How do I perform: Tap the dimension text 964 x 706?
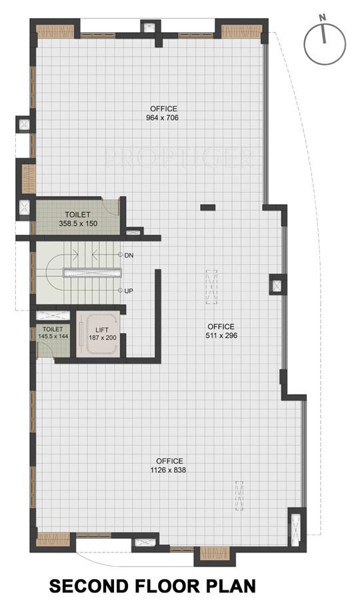point(163,118)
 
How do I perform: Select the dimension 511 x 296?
point(222,336)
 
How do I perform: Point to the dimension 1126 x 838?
point(169,470)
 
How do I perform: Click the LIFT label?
point(102,330)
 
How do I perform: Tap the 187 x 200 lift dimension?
point(102,338)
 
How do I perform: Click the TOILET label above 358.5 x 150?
point(78,215)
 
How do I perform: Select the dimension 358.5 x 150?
point(78,224)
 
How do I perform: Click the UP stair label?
point(129,291)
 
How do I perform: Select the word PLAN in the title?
point(231,587)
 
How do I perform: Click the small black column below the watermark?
point(208,207)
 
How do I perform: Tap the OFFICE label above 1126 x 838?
point(169,461)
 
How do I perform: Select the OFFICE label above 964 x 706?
point(163,109)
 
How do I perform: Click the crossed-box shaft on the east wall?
point(277,286)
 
